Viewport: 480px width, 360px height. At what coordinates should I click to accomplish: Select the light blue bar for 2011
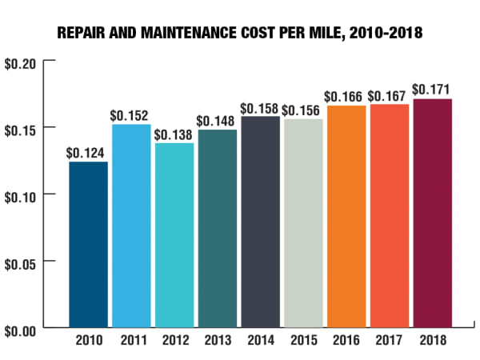(x=131, y=226)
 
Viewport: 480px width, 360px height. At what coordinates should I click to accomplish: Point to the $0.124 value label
(x=88, y=152)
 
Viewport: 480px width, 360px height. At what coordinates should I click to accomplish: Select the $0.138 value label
(x=174, y=133)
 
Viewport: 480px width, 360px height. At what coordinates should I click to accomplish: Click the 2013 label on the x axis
(x=218, y=340)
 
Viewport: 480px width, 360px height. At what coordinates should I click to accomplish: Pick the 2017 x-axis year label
(x=390, y=340)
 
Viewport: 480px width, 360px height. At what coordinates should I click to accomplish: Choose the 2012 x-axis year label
(x=174, y=340)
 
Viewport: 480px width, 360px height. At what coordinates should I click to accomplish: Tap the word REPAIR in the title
(x=82, y=35)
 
